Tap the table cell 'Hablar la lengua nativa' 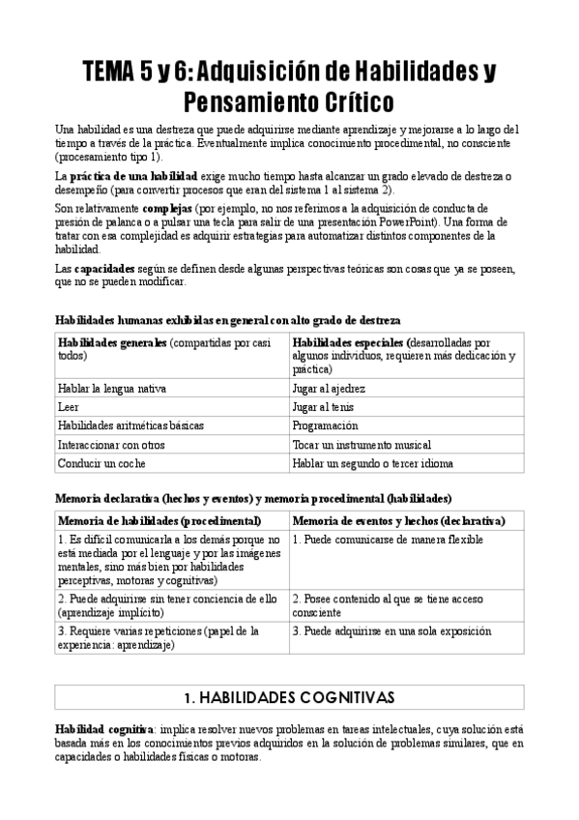point(111,388)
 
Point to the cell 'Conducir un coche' point(99,463)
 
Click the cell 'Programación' point(326,425)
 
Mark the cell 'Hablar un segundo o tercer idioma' point(372,463)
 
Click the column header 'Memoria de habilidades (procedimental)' point(159,520)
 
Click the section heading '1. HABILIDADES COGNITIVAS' point(289,695)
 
